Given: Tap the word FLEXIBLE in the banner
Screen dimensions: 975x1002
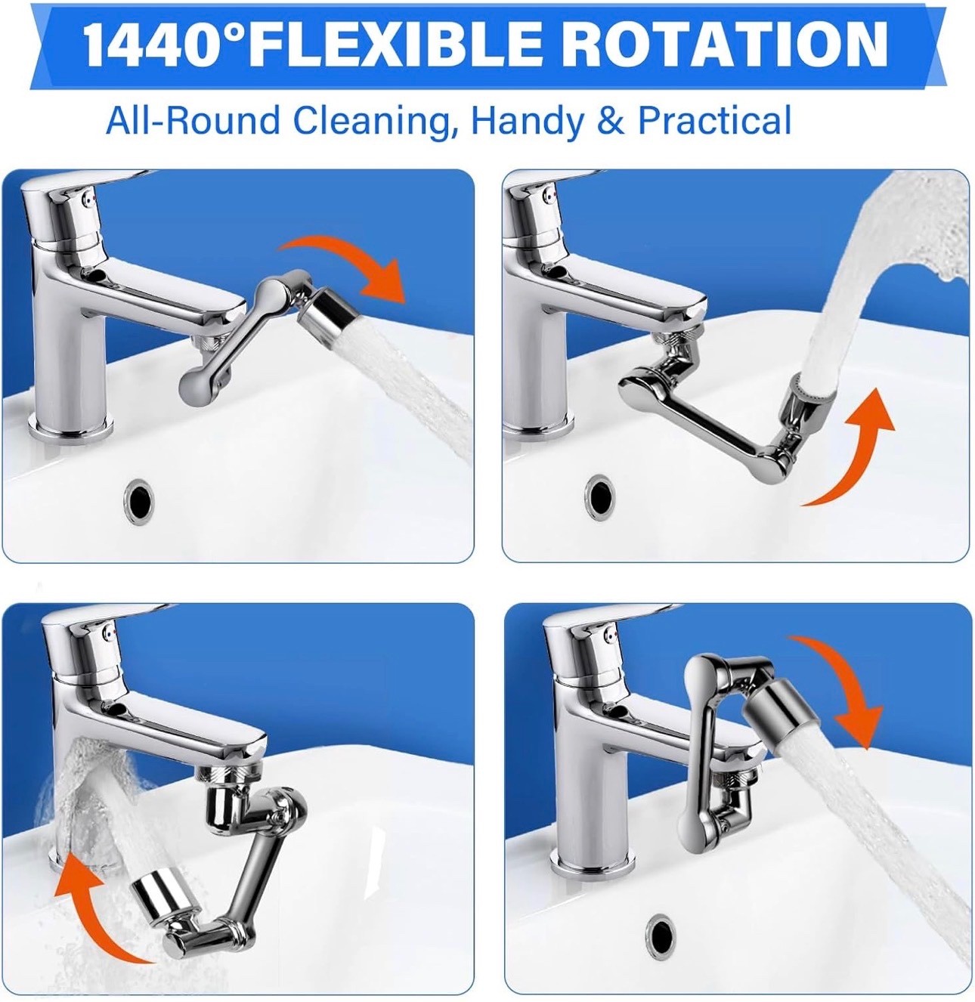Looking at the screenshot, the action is tap(392, 45).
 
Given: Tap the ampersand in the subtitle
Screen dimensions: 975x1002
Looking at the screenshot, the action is tap(612, 120).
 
